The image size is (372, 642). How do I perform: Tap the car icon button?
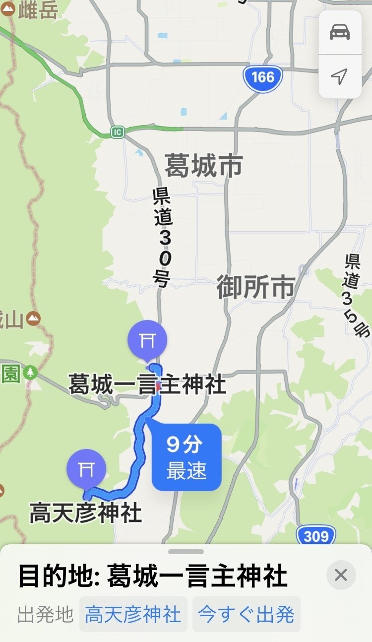(340, 31)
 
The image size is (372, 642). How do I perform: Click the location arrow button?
(340, 76)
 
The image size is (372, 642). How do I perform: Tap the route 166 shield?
(262, 77)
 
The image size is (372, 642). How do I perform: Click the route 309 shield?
(316, 536)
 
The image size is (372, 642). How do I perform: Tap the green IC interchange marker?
(117, 132)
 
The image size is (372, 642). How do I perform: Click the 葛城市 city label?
(203, 165)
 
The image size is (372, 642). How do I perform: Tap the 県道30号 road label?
(163, 237)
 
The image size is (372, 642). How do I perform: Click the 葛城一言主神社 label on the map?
(147, 385)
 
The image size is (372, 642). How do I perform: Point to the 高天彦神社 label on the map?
(86, 513)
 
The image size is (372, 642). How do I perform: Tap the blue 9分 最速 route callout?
(186, 457)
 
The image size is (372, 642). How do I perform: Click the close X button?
(341, 575)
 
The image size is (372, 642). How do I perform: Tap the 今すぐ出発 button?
(246, 615)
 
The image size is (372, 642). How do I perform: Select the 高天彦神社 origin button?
(133, 615)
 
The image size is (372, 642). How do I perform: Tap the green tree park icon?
(31, 372)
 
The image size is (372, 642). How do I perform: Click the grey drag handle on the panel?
(186, 552)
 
